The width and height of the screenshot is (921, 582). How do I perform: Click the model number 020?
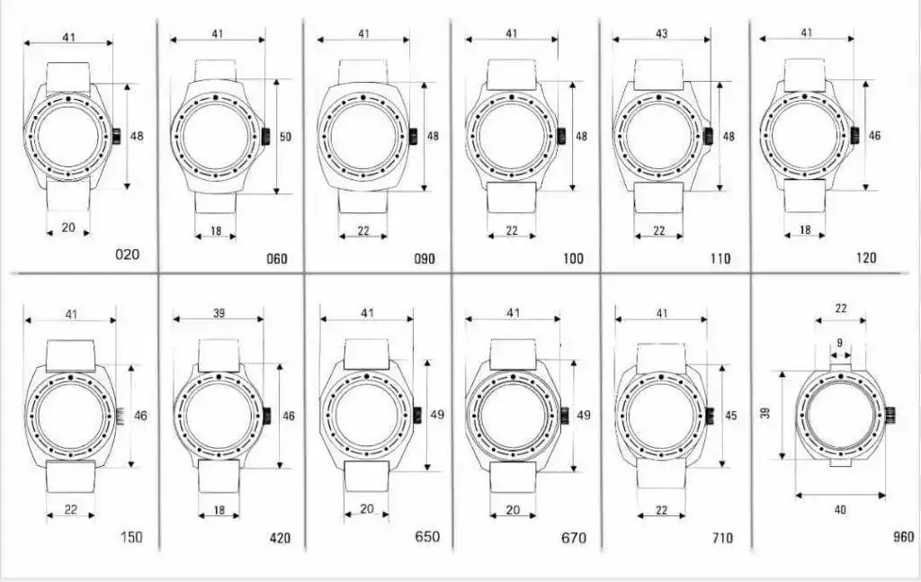127,255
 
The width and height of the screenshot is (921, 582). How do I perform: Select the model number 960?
903,536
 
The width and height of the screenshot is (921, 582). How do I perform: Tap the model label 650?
427,536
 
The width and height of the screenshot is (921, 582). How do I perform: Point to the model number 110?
720,258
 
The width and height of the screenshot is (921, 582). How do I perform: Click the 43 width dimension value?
661,33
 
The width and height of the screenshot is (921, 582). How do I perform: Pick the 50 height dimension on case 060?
285,137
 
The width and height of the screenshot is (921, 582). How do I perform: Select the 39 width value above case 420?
219,313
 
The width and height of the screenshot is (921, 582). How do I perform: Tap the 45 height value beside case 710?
730,416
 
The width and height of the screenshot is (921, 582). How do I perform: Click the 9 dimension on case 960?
839,343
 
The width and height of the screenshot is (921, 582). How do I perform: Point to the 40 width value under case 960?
840,510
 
